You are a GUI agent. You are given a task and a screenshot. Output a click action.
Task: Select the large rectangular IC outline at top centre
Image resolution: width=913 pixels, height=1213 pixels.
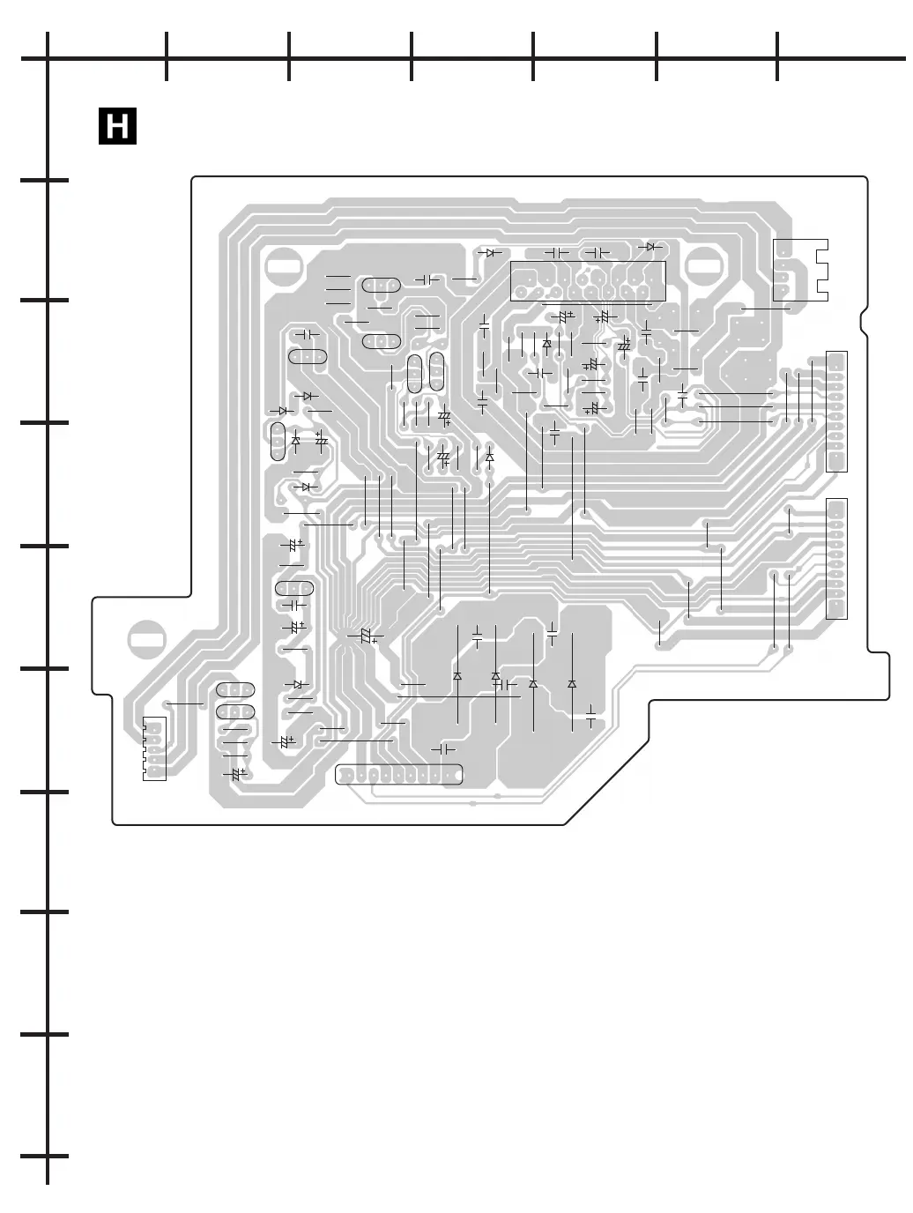click(x=588, y=281)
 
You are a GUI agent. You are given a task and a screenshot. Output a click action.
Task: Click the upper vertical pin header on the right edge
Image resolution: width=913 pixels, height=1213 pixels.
click(x=836, y=411)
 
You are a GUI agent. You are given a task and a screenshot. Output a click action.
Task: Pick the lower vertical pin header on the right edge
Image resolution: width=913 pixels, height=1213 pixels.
click(x=836, y=558)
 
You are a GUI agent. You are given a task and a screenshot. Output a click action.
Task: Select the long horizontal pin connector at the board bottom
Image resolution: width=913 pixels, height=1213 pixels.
click(x=399, y=775)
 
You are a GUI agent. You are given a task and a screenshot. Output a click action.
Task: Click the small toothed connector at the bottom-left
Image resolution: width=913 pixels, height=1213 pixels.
click(x=154, y=748)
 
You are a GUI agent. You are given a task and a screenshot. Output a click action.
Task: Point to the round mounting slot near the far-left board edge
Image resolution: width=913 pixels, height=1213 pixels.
click(x=146, y=640)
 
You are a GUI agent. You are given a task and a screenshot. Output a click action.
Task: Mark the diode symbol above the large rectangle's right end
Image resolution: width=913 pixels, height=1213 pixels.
click(x=651, y=248)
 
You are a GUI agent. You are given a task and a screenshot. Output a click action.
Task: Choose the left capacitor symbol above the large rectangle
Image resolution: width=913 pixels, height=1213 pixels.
click(x=557, y=253)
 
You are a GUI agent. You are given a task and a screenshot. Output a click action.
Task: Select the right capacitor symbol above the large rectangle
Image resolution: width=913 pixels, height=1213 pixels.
click(x=598, y=253)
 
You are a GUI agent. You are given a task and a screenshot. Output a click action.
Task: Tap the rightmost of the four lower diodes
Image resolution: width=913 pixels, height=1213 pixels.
click(x=572, y=684)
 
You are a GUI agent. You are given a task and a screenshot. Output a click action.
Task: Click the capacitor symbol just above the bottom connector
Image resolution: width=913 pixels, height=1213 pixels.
click(x=442, y=749)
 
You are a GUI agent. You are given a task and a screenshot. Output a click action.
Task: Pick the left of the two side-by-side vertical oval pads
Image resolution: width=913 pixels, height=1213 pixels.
click(x=415, y=373)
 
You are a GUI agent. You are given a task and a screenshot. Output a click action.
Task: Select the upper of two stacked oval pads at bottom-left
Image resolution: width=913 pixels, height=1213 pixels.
click(x=235, y=690)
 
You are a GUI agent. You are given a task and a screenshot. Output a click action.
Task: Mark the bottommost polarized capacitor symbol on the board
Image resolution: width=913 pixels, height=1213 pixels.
click(x=235, y=774)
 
